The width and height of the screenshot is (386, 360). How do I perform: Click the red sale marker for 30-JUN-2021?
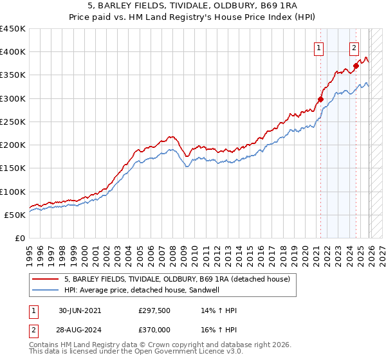point(320,99)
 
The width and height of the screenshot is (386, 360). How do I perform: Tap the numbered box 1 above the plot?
point(318,47)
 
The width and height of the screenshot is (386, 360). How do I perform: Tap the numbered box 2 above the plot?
point(354,47)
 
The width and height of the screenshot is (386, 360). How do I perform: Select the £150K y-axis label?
point(13,168)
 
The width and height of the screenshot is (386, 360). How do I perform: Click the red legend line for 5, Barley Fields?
point(46,279)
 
